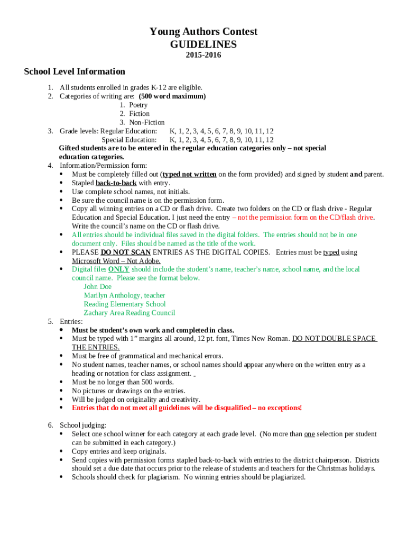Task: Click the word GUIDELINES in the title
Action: pyautogui.click(x=203, y=44)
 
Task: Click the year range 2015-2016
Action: pyautogui.click(x=203, y=55)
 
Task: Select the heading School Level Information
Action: pyautogui.click(x=75, y=71)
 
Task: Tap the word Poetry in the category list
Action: pyautogui.click(x=138, y=105)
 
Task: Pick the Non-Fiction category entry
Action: pyautogui.click(x=147, y=122)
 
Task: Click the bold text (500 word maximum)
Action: pyautogui.click(x=172, y=96)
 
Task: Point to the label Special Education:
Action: pyautogui.click(x=129, y=140)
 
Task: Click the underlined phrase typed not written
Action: pyautogui.click(x=189, y=174)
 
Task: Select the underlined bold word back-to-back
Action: pyautogui.click(x=116, y=183)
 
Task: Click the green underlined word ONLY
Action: pyautogui.click(x=118, y=269)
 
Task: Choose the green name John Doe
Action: pyautogui.click(x=98, y=286)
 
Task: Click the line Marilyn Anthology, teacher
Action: pyautogui.click(x=124, y=295)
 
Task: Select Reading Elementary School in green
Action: pyautogui.click(x=125, y=304)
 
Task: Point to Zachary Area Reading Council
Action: pyautogui.click(x=129, y=313)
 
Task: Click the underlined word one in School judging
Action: pyautogui.click(x=309, y=434)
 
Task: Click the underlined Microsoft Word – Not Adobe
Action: pyautogui.click(x=116, y=260)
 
